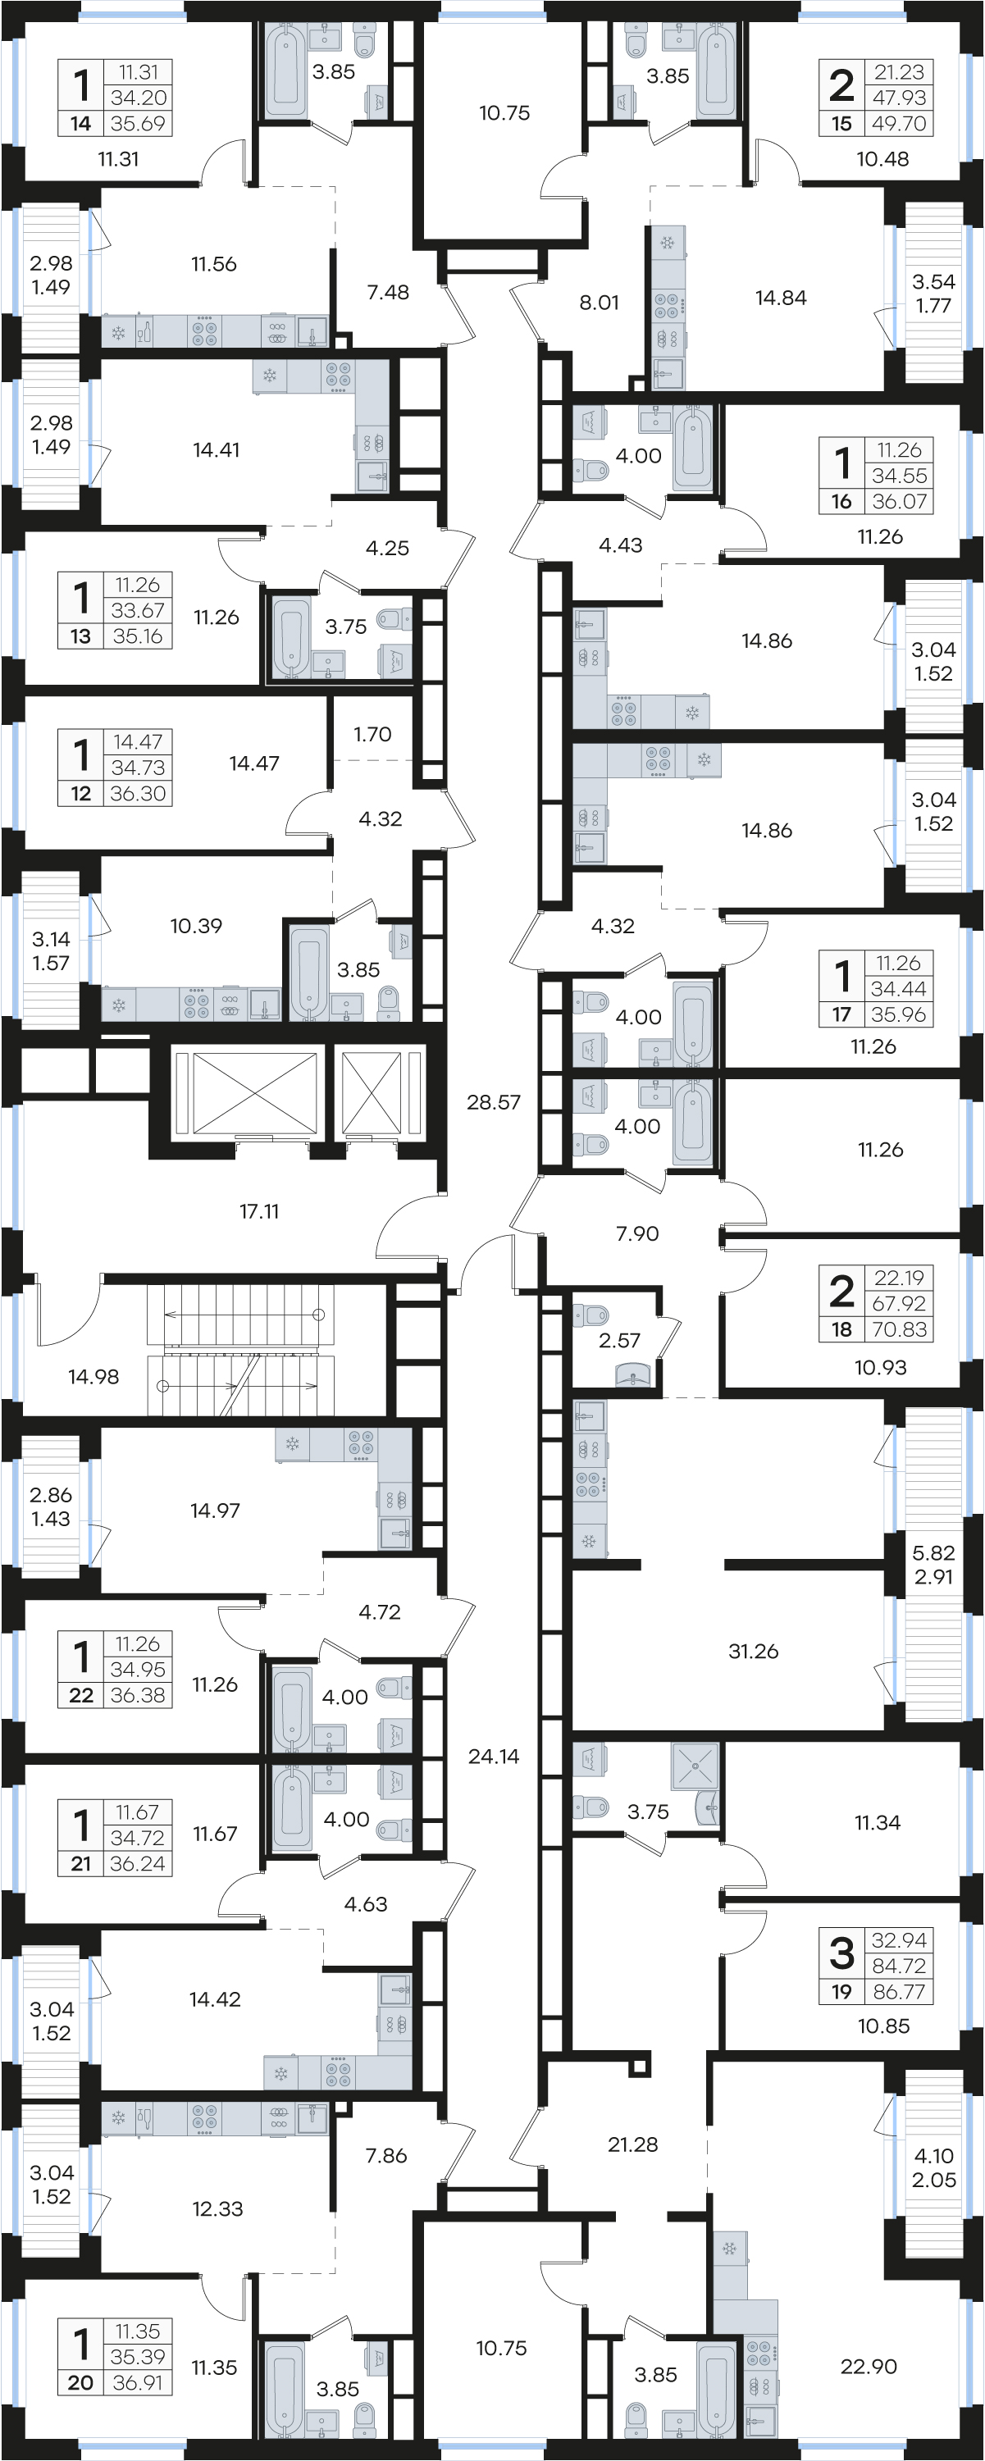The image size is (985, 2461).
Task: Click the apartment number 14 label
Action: tap(80, 123)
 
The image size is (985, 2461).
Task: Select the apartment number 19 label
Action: tap(841, 1992)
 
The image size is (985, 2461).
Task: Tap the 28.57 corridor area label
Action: tap(493, 1101)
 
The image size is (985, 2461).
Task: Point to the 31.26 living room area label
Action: tap(753, 1651)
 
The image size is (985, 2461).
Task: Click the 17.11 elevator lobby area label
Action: tap(259, 1211)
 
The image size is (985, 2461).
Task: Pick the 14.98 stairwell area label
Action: tap(93, 1377)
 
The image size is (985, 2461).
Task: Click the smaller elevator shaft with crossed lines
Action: tap(371, 1092)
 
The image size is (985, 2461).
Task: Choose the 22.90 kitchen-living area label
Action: tap(869, 2367)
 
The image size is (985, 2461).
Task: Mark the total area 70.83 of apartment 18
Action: tap(898, 1328)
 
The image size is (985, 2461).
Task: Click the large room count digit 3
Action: tap(841, 1953)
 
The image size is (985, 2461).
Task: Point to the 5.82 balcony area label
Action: tap(933, 1552)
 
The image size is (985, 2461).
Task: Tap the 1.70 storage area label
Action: tap(372, 734)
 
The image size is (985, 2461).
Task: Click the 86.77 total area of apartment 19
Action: tap(898, 1992)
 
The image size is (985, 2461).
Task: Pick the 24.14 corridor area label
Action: tap(493, 1756)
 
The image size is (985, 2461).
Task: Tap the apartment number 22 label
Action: tap(81, 1695)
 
